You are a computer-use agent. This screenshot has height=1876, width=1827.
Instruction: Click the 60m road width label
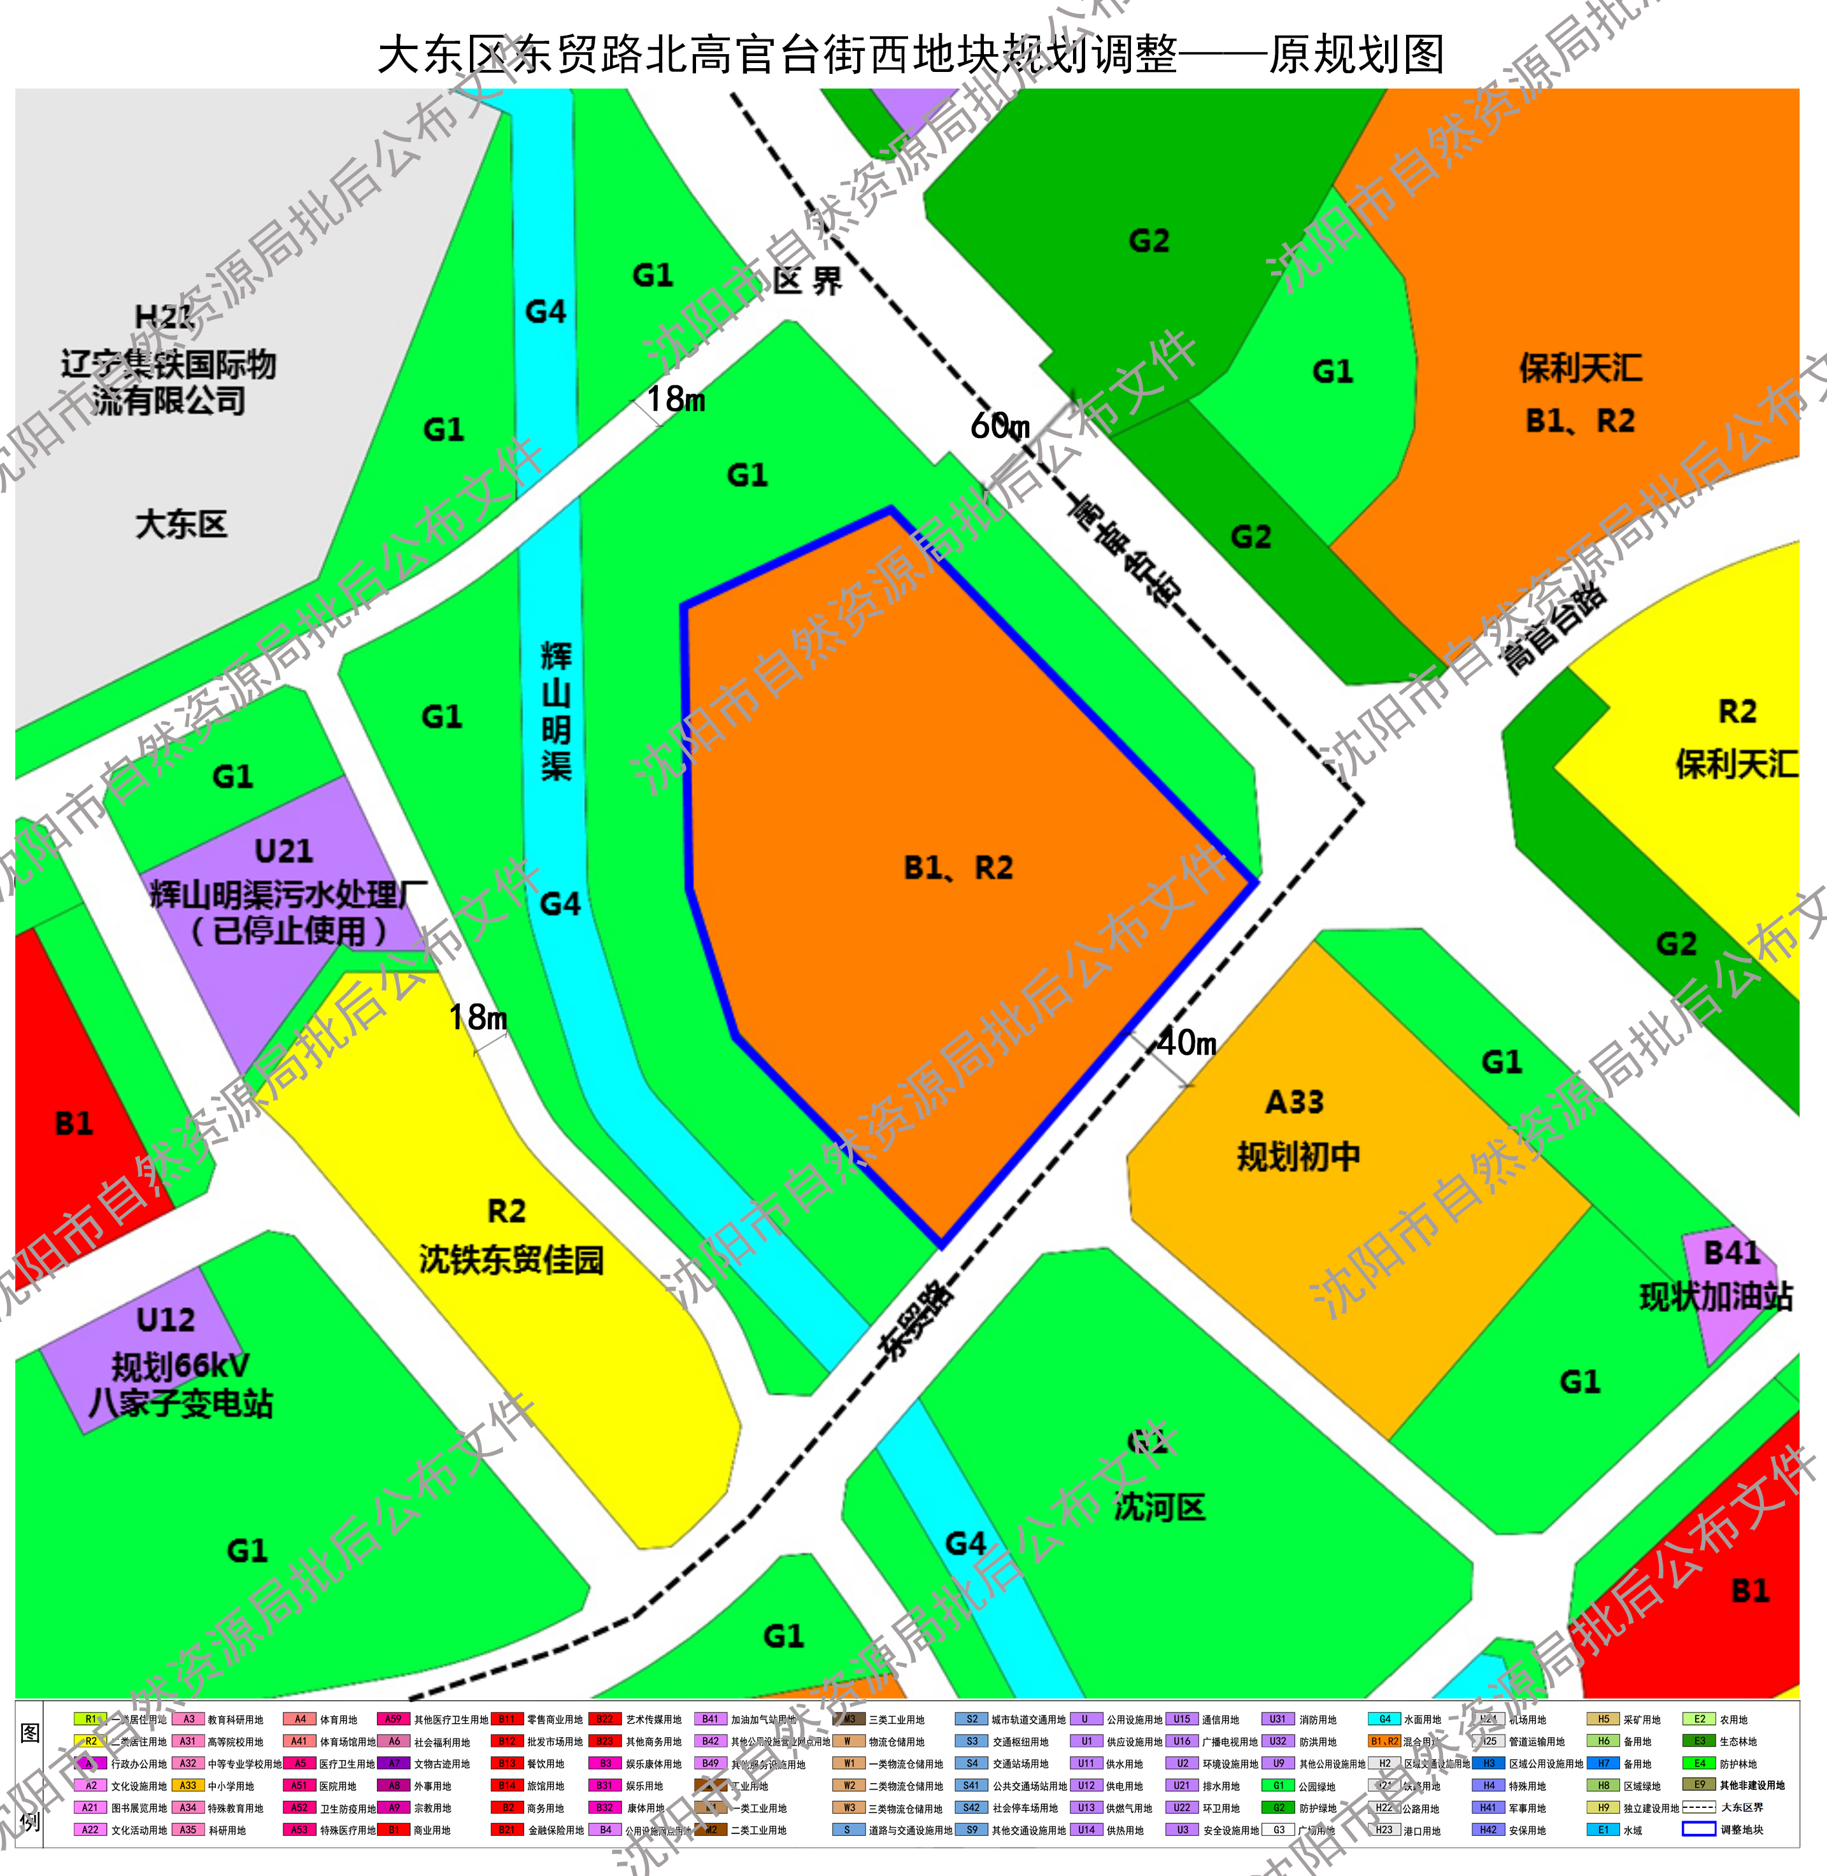click(x=999, y=425)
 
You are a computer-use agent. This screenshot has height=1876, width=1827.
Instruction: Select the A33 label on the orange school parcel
click(x=1295, y=1102)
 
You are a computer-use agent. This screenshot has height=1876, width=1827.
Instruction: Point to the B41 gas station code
click(x=1730, y=1253)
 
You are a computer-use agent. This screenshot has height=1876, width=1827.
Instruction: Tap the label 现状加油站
click(x=1716, y=1297)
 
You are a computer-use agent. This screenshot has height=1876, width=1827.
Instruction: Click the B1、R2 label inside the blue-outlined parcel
click(x=958, y=867)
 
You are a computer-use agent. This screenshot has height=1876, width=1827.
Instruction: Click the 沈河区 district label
click(x=1158, y=1507)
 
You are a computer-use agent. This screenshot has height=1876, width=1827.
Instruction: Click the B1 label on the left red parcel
click(x=73, y=1123)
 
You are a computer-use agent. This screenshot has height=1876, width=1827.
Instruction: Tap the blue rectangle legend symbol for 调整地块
click(x=1698, y=1828)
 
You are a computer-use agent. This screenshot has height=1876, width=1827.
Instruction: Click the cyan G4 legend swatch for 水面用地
click(x=1384, y=1719)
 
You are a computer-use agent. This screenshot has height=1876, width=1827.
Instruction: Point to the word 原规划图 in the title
click(x=1356, y=55)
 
